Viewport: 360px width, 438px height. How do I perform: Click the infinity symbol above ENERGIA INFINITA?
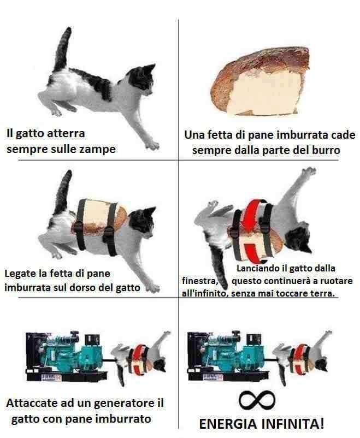257,400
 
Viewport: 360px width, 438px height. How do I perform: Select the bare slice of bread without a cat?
260,81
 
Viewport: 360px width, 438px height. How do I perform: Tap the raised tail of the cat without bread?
63,50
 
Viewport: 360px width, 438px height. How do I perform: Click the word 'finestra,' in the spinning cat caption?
200,281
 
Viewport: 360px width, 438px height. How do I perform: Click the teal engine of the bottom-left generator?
70,352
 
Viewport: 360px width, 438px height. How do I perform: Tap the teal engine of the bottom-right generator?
232,352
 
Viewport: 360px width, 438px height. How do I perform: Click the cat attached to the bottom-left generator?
140,358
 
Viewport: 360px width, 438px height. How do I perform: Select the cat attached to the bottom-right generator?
302,358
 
